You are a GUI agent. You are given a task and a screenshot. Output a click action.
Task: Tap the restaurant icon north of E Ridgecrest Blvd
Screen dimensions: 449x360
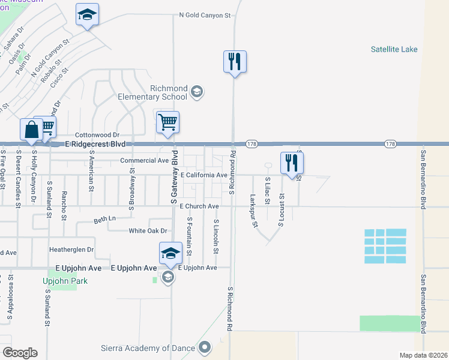[x=235, y=62]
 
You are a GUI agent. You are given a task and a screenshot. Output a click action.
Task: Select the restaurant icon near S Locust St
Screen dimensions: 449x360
[x=292, y=163]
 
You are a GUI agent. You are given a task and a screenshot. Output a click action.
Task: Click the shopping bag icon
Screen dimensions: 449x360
[x=31, y=130]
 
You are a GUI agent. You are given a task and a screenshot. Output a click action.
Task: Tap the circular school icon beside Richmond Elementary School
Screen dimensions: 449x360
[x=196, y=92]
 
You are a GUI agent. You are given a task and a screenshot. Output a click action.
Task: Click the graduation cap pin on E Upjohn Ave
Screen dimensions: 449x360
[x=170, y=254]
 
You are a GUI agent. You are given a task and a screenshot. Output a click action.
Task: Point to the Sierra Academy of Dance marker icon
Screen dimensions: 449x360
[x=205, y=346]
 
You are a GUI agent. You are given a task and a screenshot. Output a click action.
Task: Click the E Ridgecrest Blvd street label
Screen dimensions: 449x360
[x=95, y=145]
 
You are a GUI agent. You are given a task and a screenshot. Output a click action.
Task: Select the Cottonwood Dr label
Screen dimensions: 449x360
[x=97, y=136]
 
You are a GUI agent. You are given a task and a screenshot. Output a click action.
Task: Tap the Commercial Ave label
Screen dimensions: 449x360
[x=145, y=161]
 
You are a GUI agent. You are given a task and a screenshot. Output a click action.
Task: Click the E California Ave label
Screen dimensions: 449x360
[x=204, y=175]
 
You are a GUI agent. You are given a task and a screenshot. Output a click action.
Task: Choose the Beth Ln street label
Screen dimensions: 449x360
[x=104, y=221]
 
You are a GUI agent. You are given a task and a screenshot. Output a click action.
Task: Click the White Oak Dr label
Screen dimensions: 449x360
[x=148, y=231]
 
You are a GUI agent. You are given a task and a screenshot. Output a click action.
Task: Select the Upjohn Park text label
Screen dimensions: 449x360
[x=65, y=281]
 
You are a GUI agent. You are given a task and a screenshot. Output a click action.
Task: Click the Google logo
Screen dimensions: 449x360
[x=20, y=353]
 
